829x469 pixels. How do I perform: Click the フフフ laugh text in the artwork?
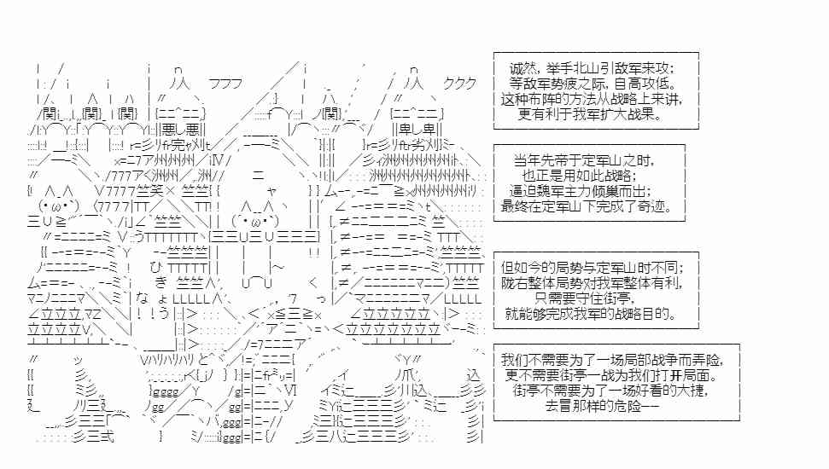(225, 84)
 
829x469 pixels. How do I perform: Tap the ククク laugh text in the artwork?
(461, 84)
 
